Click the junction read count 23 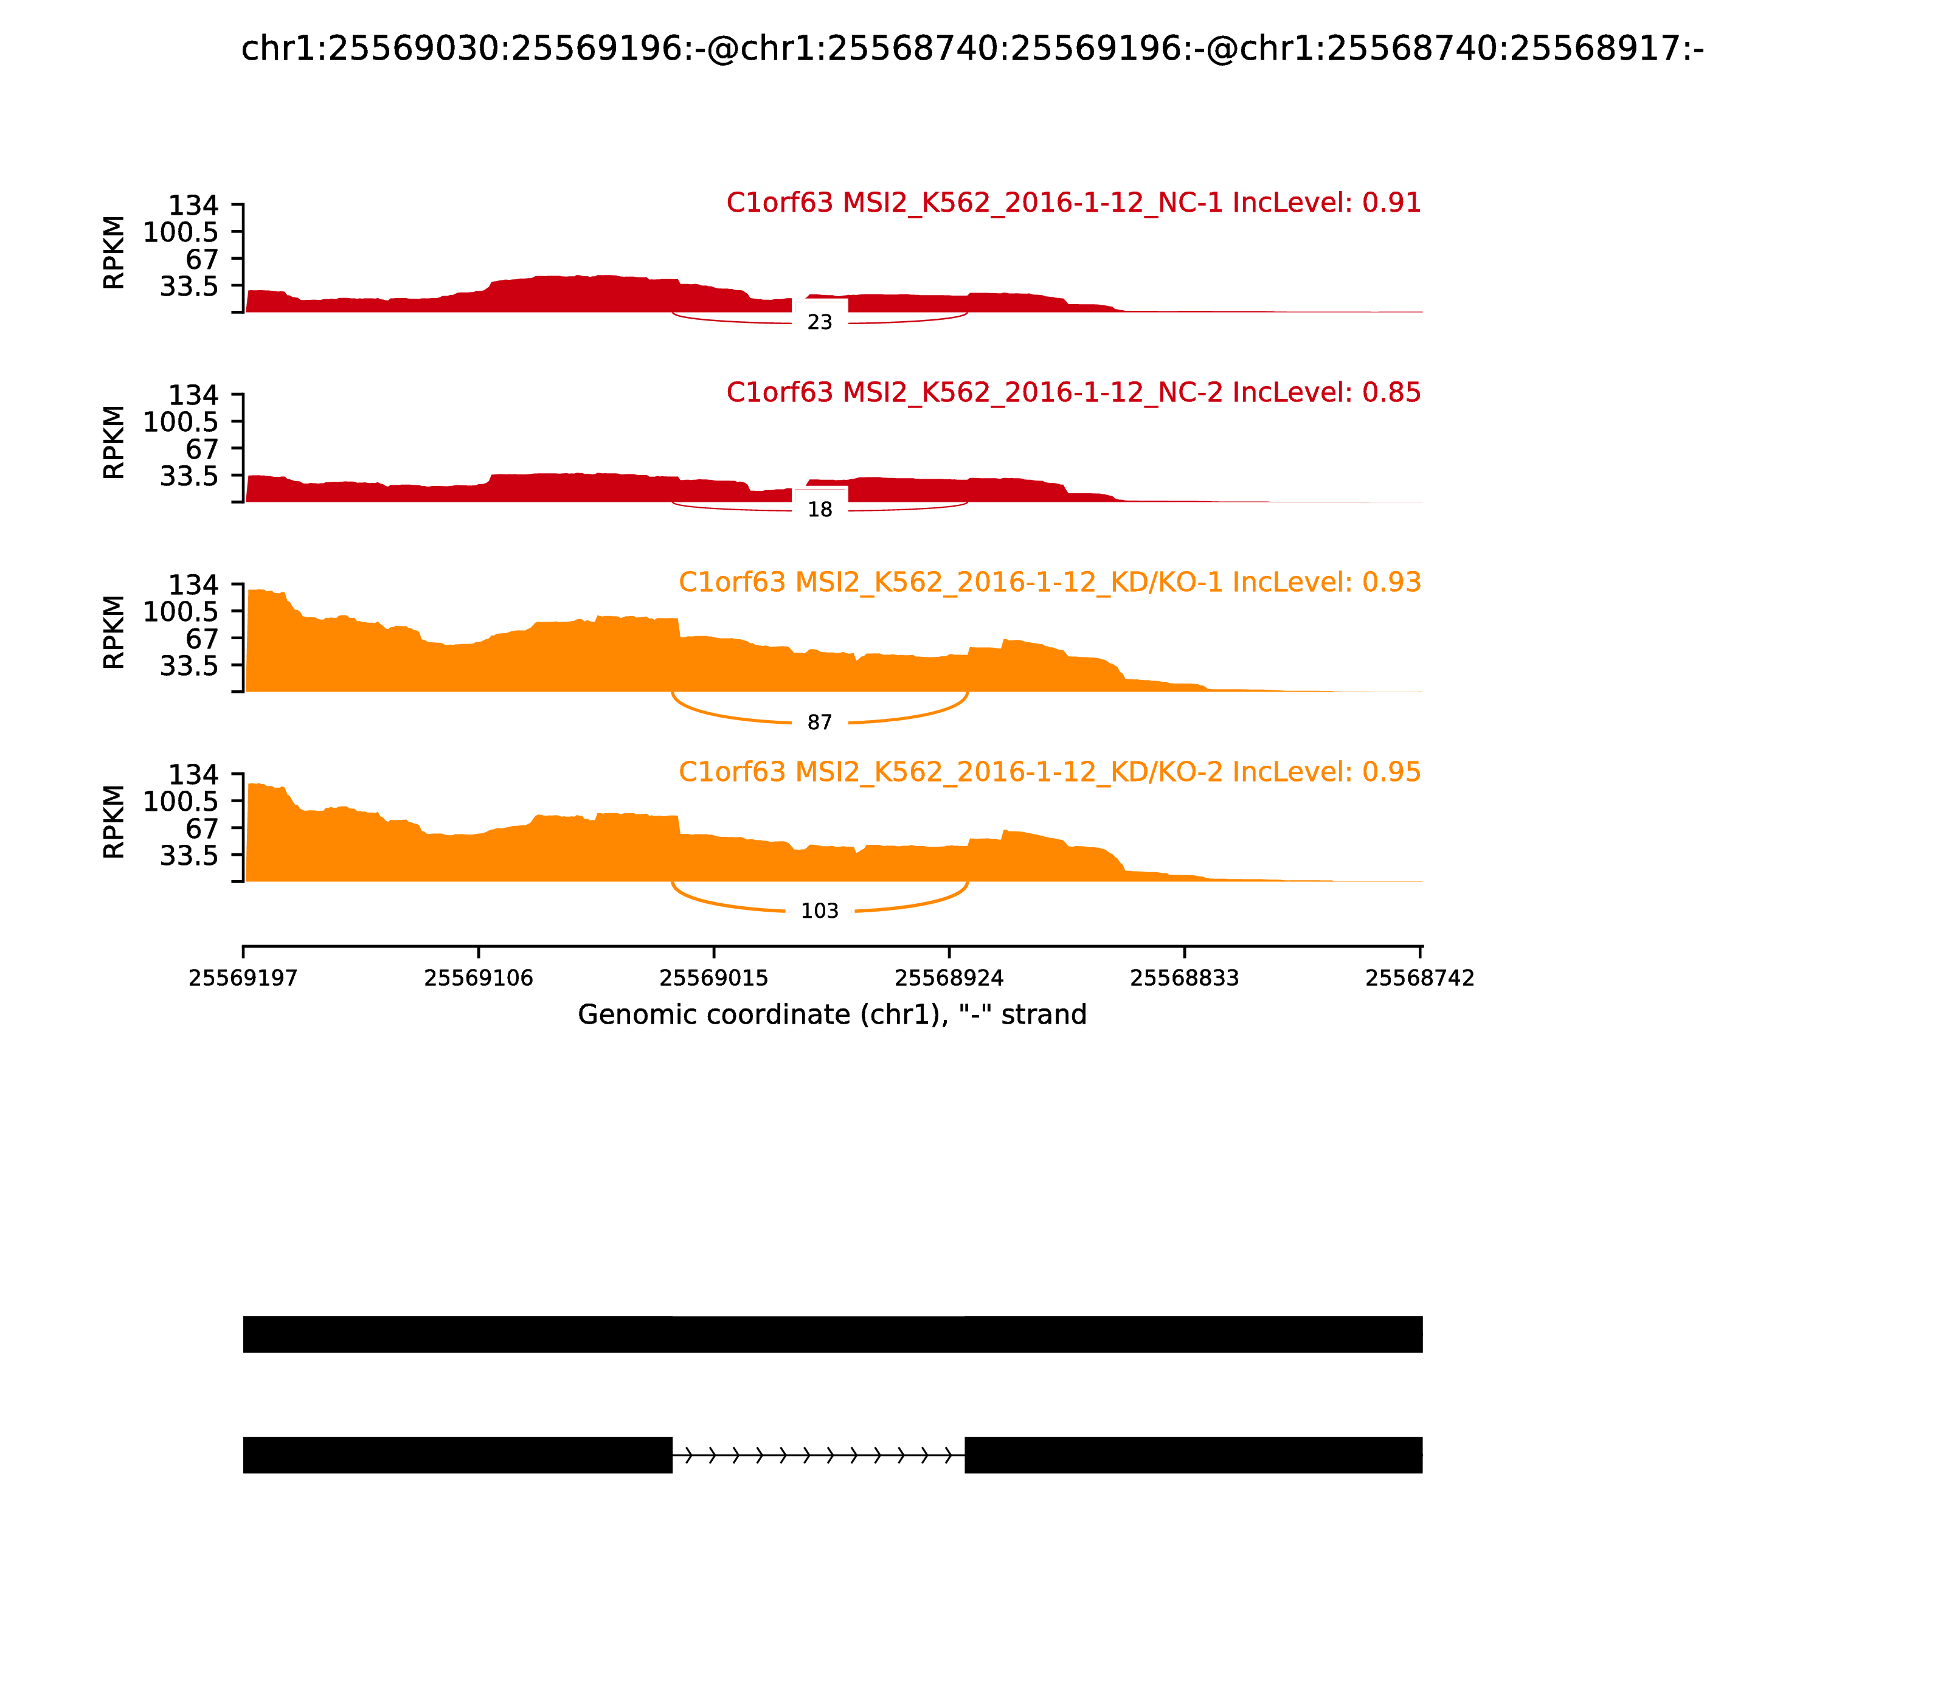pyautogui.click(x=819, y=322)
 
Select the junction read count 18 pyautogui.click(x=819, y=510)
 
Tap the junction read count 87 pyautogui.click(x=819, y=723)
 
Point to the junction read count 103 pyautogui.click(x=819, y=910)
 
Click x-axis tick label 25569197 pyautogui.click(x=243, y=978)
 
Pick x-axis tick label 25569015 pyautogui.click(x=713, y=978)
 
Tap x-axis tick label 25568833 pyautogui.click(x=1184, y=978)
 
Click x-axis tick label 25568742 pyautogui.click(x=1419, y=978)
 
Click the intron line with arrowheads pyautogui.click(x=818, y=1454)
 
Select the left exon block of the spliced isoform pyautogui.click(x=457, y=1454)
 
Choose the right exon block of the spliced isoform pyautogui.click(x=1193, y=1454)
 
